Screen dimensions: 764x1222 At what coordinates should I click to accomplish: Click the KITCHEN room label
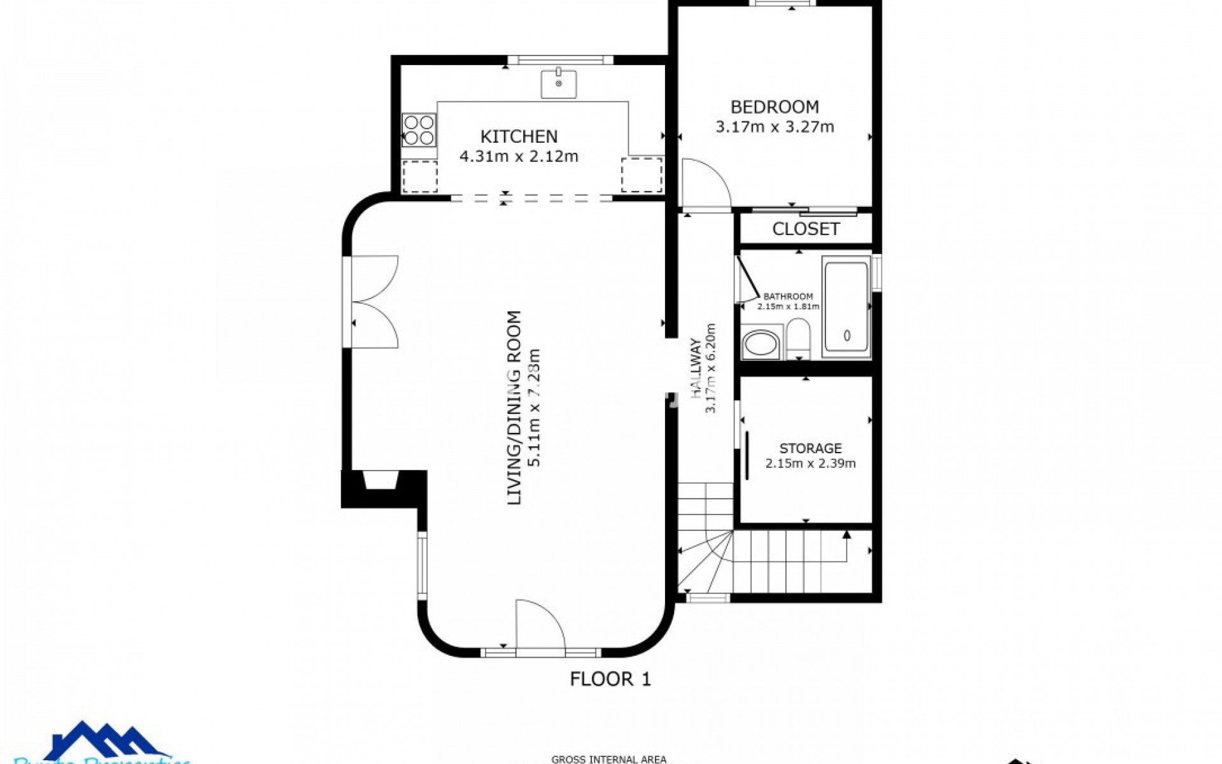(x=519, y=136)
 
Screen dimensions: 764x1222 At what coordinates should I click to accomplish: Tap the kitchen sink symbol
(x=559, y=84)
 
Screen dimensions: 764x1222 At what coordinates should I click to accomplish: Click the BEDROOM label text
(x=775, y=107)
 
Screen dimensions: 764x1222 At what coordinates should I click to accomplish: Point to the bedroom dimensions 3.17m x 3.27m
(x=775, y=127)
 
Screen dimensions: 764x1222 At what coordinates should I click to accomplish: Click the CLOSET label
(x=806, y=229)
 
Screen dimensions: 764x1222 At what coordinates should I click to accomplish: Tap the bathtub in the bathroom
(x=846, y=308)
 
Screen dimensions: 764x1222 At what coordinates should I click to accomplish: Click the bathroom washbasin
(x=760, y=344)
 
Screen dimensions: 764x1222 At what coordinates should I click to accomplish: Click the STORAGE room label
(x=810, y=448)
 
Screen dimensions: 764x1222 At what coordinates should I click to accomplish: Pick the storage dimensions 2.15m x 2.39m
(x=810, y=463)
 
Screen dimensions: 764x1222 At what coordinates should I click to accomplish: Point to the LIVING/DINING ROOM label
(x=514, y=407)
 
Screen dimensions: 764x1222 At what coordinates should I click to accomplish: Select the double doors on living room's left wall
(x=374, y=302)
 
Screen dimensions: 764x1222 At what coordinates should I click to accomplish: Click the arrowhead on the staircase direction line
(x=846, y=535)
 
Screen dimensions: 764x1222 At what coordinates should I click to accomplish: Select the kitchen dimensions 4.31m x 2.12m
(x=519, y=156)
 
